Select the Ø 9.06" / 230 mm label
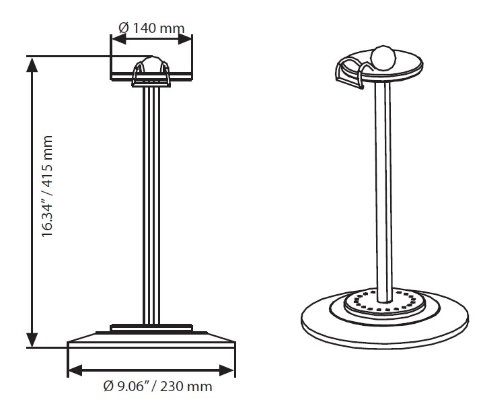click(158, 386)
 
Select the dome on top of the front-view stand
click(151, 66)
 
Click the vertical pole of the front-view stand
click(151, 202)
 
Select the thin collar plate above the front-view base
click(151, 328)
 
